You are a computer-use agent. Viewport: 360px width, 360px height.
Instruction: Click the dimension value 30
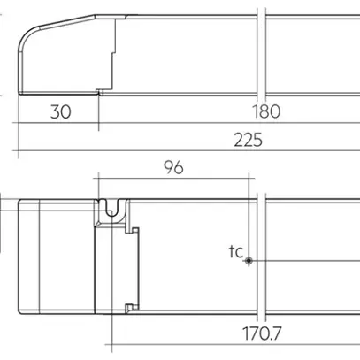click(x=61, y=111)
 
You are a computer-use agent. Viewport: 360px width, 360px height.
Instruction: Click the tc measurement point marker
click(x=250, y=261)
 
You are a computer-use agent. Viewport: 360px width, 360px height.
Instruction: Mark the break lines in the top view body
click(x=262, y=257)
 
